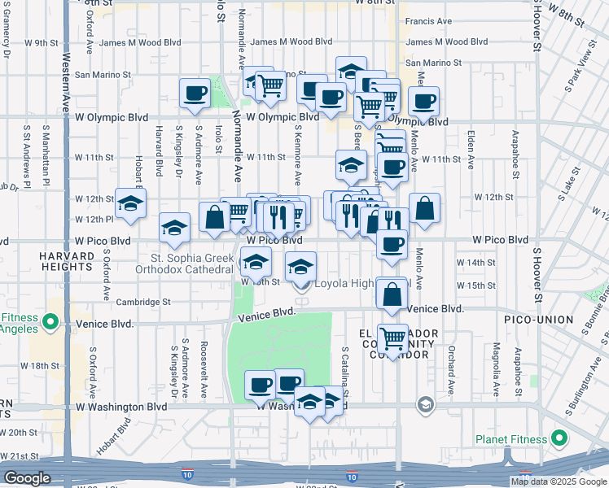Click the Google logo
tap(27, 478)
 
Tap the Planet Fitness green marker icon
tap(559, 439)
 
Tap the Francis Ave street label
tap(429, 21)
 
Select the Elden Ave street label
tap(472, 143)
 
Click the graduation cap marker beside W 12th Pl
tap(130, 203)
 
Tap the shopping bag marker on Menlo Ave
tap(425, 208)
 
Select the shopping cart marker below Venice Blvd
tap(392, 336)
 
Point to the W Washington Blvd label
tap(121, 407)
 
